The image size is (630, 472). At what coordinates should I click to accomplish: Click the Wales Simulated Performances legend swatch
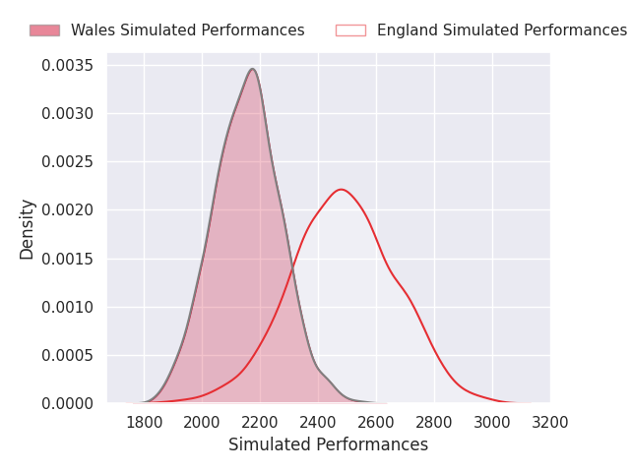(44, 30)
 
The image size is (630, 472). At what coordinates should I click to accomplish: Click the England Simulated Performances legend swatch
(350, 30)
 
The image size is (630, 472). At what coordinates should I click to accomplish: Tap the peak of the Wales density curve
(253, 69)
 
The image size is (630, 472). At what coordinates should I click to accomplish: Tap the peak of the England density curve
(341, 189)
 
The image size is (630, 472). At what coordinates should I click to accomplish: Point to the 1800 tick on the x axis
(144, 423)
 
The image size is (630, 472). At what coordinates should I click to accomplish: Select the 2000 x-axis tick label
(202, 423)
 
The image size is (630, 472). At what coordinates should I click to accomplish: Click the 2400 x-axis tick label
(318, 423)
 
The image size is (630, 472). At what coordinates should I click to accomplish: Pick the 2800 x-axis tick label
(434, 423)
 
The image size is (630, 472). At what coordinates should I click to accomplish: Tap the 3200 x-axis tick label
(550, 423)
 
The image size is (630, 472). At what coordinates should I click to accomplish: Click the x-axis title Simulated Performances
(328, 445)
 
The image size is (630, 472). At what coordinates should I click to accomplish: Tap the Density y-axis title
(28, 229)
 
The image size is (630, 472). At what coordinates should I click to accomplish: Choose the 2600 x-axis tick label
(376, 423)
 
